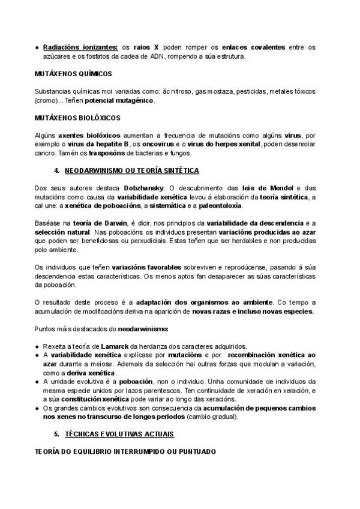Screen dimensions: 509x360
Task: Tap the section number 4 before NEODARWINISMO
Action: pyautogui.click(x=56, y=171)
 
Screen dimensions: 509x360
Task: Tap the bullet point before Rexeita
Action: pyautogui.click(x=37, y=346)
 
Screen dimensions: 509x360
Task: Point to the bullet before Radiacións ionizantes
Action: pyautogui.click(x=37, y=47)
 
